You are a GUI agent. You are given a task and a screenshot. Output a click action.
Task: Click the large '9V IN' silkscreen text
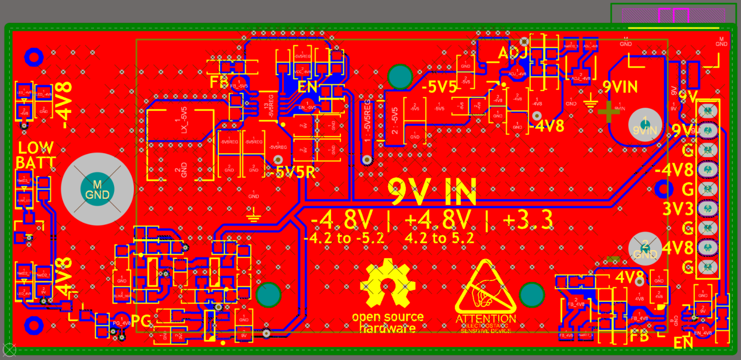tap(431, 193)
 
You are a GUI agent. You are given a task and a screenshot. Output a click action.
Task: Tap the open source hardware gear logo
tap(388, 283)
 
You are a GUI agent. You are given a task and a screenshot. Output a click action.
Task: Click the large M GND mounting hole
tap(97, 189)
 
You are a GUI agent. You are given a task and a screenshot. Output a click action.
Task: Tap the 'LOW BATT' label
tap(35, 155)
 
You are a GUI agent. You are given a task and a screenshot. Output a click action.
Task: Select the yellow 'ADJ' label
tap(511, 53)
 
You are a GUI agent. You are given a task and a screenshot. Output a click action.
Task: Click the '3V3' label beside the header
tap(677, 208)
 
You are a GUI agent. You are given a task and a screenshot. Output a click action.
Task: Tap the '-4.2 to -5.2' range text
tap(344, 239)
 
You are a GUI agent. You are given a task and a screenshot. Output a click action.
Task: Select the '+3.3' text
tap(526, 220)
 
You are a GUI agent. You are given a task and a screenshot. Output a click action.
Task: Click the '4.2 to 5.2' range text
tap(439, 239)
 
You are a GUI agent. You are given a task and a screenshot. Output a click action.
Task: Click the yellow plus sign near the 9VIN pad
tap(608, 111)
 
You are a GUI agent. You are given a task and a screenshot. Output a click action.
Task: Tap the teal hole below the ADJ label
tap(400, 76)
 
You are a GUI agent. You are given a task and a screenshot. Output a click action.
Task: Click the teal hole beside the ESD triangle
tap(533, 294)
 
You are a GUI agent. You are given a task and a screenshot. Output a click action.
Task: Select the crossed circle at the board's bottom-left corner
tap(9, 350)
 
